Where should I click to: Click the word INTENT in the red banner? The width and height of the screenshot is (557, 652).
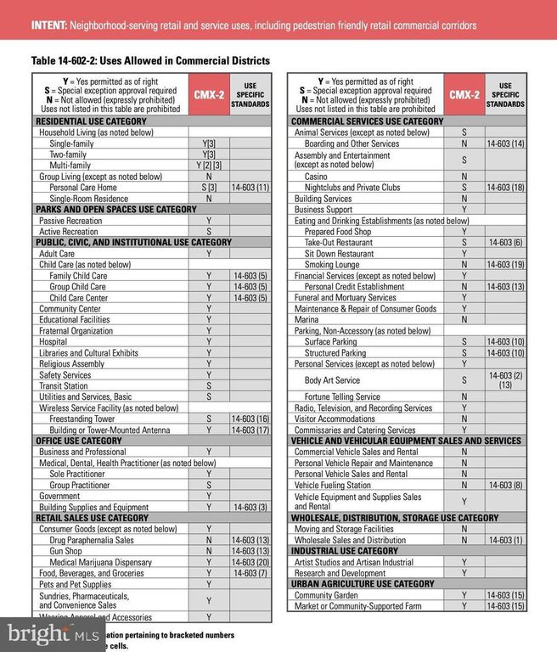[x=52, y=25]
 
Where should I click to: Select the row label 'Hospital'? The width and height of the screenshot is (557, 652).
[x=54, y=341]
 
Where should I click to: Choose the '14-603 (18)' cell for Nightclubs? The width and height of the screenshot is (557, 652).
[x=505, y=188]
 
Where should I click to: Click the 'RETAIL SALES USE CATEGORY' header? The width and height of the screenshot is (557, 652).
[x=92, y=518]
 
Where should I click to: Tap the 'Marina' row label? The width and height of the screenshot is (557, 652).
[x=307, y=319]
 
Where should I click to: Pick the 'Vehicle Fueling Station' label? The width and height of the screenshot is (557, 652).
[x=333, y=485]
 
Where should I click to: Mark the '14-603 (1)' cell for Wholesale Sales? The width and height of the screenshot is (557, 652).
[x=505, y=540]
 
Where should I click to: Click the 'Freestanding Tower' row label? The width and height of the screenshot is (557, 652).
[x=82, y=419]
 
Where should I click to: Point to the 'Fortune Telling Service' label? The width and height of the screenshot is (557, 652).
[x=342, y=396]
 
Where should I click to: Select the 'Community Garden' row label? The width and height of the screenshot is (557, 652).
[x=327, y=595]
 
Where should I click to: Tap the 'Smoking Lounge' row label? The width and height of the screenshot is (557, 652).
[x=332, y=264]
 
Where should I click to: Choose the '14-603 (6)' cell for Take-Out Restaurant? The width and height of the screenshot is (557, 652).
[x=505, y=242]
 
